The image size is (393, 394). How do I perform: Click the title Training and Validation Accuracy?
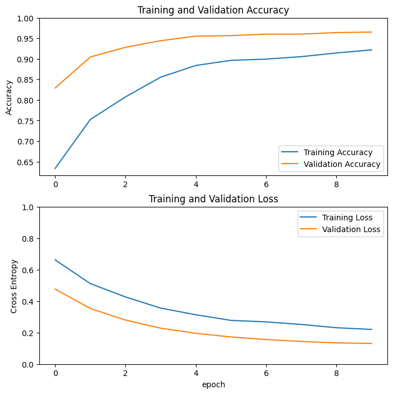[x=213, y=10]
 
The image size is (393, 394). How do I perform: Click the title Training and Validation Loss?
[x=213, y=199]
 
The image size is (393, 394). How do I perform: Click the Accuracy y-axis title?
[x=9, y=97]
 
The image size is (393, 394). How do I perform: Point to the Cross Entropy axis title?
[x=15, y=286]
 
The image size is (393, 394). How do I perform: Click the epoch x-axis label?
[x=213, y=385]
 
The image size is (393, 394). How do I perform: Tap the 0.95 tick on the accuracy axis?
[x=25, y=39]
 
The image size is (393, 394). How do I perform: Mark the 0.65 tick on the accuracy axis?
[x=25, y=162]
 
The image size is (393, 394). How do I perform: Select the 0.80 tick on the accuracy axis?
[x=25, y=101]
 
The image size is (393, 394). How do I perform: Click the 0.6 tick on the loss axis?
[x=28, y=270]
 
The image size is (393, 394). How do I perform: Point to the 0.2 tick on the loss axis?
[x=28, y=333]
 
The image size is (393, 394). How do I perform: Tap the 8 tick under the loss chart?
[x=336, y=372]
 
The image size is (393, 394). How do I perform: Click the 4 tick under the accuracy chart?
[x=196, y=183]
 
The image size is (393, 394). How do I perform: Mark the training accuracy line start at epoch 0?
[x=55, y=168]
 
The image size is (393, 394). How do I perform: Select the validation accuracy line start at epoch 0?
[x=55, y=88]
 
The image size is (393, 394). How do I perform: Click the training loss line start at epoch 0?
[x=55, y=260]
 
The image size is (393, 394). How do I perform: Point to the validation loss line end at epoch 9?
[x=372, y=343]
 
